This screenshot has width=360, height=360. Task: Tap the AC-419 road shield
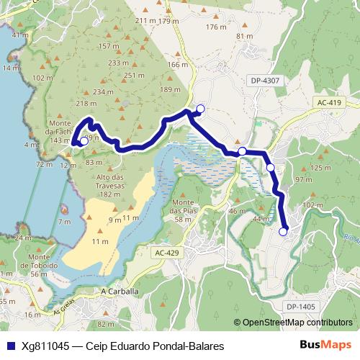328,103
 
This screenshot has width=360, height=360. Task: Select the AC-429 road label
166,253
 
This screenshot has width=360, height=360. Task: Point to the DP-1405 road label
300,307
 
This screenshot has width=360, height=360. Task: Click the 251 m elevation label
135,76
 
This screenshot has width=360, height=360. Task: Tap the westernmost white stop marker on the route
84,141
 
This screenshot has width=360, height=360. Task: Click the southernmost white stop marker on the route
284,231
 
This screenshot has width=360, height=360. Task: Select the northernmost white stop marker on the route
200,109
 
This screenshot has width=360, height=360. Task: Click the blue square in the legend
7,346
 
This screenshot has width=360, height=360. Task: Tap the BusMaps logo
325,346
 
